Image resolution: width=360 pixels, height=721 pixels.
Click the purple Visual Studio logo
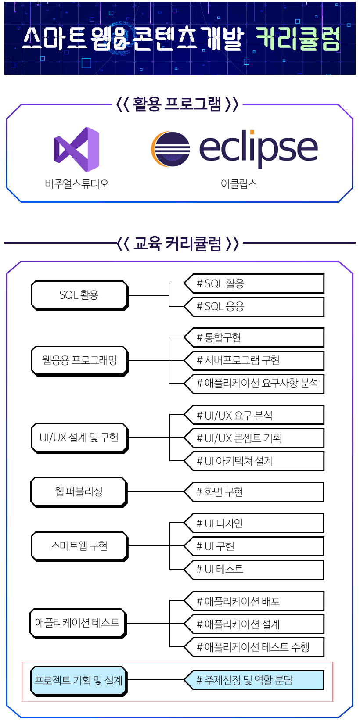click(x=76, y=149)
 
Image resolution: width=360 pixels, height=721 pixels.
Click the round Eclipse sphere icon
click(x=171, y=149)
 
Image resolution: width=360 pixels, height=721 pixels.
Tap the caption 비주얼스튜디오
click(x=77, y=183)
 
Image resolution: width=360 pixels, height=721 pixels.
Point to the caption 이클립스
click(x=239, y=183)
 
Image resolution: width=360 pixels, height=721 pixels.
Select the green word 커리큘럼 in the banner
click(x=298, y=39)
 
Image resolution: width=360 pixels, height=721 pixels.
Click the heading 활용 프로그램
click(x=177, y=104)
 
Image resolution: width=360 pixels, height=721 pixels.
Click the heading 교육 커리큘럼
click(x=177, y=243)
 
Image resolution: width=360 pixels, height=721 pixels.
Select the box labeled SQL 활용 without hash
click(x=79, y=295)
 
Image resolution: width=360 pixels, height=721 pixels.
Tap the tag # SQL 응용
click(x=254, y=307)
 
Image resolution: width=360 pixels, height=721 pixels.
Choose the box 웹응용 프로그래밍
click(x=79, y=361)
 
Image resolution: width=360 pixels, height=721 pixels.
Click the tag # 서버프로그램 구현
click(x=254, y=360)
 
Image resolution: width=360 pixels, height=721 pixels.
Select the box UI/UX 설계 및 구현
click(x=79, y=438)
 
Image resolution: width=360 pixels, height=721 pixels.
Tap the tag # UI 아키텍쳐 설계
click(x=254, y=461)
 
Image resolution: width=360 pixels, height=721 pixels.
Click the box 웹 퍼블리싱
click(x=79, y=491)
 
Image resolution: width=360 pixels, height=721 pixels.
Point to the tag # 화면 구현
click(x=254, y=492)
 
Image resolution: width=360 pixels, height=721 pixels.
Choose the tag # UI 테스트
click(x=254, y=569)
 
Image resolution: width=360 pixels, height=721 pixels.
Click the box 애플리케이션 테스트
click(x=78, y=623)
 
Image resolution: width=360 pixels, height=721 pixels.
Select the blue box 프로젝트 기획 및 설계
click(x=79, y=681)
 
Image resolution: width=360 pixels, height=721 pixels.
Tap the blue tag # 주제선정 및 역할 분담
click(x=254, y=680)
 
